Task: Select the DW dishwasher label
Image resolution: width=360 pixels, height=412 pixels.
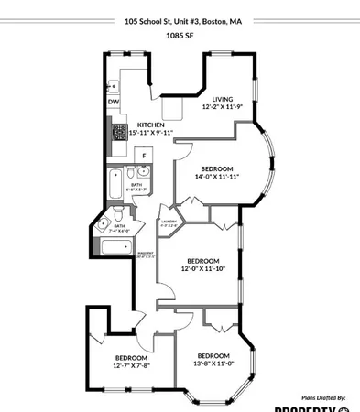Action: point(113,102)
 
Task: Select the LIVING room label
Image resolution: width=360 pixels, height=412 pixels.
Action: point(223,99)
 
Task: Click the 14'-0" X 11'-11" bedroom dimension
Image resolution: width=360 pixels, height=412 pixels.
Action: point(217,177)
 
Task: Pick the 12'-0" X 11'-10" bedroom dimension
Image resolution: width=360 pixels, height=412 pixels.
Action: point(202,268)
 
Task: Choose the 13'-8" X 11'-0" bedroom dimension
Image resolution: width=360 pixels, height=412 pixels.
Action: point(213,363)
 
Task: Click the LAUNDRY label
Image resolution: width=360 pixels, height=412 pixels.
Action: point(169,221)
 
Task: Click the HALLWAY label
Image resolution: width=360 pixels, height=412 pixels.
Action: point(146,254)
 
